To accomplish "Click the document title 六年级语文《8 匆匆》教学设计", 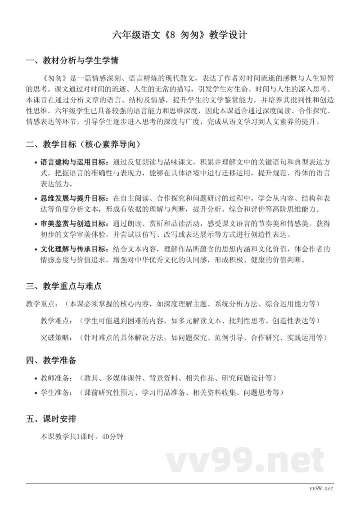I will [180, 36].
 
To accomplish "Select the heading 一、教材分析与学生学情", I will [72, 61].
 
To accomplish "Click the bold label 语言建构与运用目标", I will [74, 162].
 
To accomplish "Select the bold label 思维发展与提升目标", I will [74, 198].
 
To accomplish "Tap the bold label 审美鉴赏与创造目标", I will [74, 223].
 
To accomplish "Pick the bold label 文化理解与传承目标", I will [74, 249].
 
